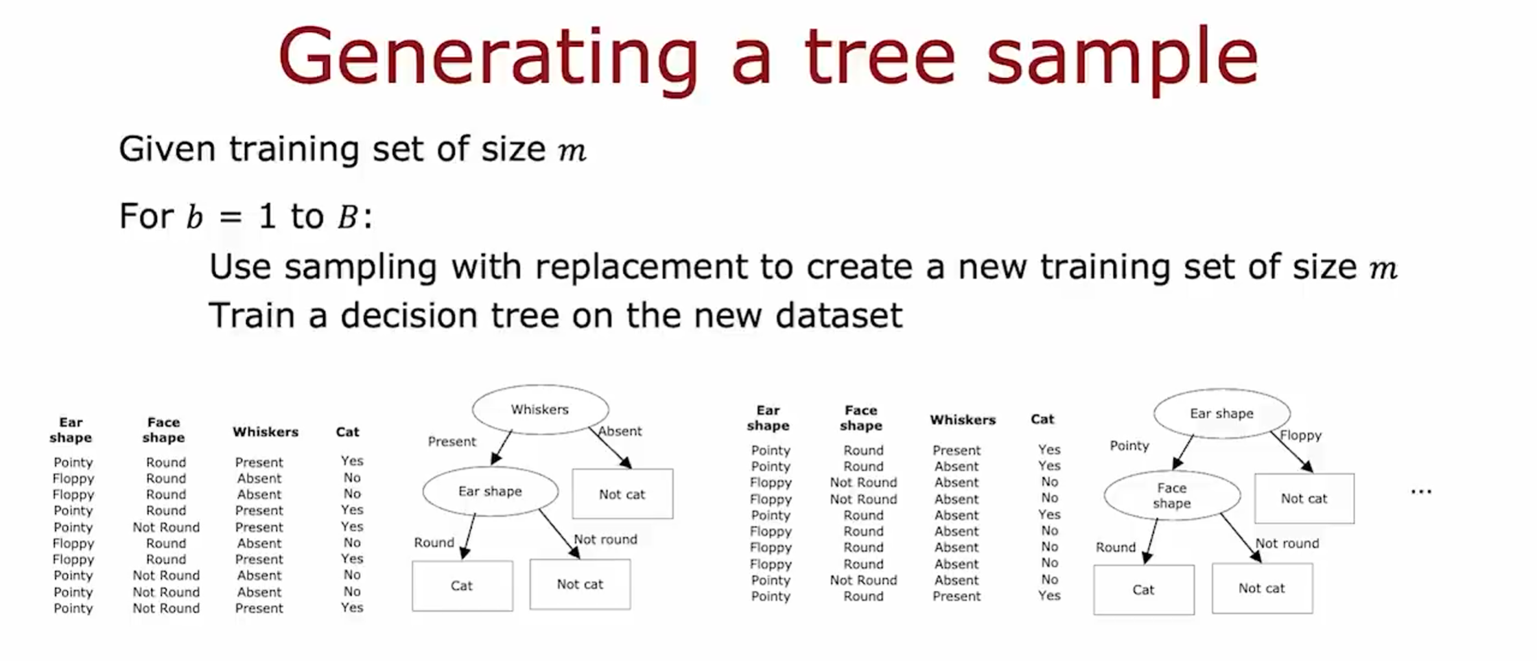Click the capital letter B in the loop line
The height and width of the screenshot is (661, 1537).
(347, 218)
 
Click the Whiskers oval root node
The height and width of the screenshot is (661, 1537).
(540, 410)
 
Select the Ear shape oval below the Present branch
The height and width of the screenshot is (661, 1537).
(490, 491)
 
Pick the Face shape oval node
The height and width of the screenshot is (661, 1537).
(1171, 496)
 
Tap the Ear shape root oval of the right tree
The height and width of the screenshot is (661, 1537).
(1221, 414)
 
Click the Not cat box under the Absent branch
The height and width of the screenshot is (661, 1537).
(622, 494)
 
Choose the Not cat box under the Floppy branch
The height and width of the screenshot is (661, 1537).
(1304, 499)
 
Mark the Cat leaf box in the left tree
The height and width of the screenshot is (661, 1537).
(462, 586)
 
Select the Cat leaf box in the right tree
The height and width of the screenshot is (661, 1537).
(1143, 590)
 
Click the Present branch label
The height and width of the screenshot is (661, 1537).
(451, 441)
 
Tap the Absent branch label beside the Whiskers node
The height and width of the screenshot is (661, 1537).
(620, 431)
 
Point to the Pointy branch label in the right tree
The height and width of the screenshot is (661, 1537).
(1129, 445)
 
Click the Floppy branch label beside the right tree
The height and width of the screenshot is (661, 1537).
(1300, 435)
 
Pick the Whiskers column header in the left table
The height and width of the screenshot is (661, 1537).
(265, 432)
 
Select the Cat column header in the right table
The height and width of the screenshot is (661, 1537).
(1042, 419)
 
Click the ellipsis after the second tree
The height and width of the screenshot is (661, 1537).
(1421, 491)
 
